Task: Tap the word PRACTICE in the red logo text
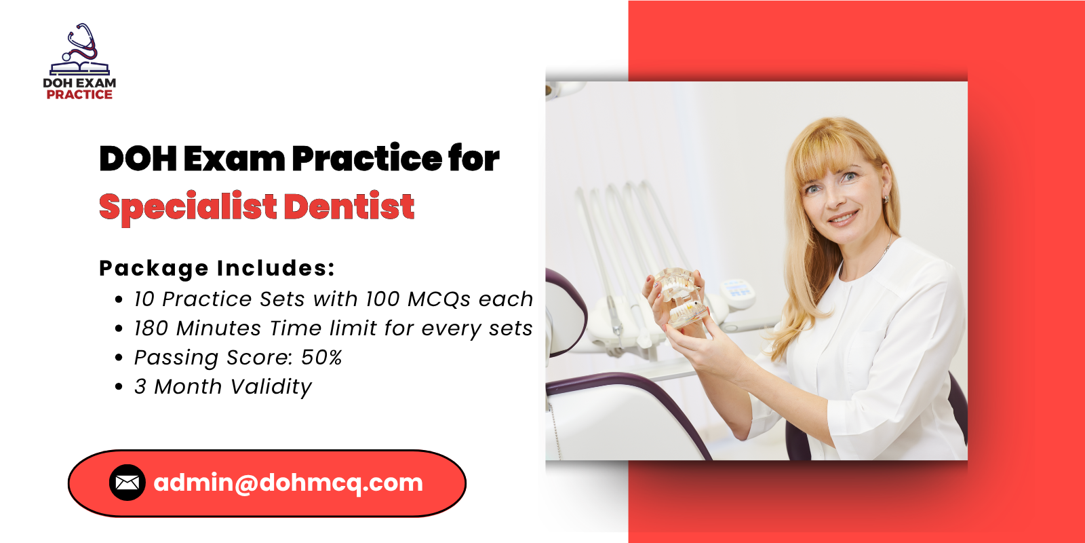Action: (x=79, y=94)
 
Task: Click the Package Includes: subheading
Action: (x=217, y=269)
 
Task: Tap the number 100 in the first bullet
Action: (x=382, y=299)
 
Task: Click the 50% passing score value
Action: (x=321, y=357)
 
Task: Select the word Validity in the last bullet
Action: (x=271, y=388)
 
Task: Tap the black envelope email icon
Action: (x=127, y=483)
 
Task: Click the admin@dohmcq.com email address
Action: (x=288, y=483)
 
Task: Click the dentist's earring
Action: (x=886, y=199)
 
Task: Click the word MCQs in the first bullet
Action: (x=439, y=299)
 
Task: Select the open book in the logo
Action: (x=80, y=69)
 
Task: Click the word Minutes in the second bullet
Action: (x=218, y=329)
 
